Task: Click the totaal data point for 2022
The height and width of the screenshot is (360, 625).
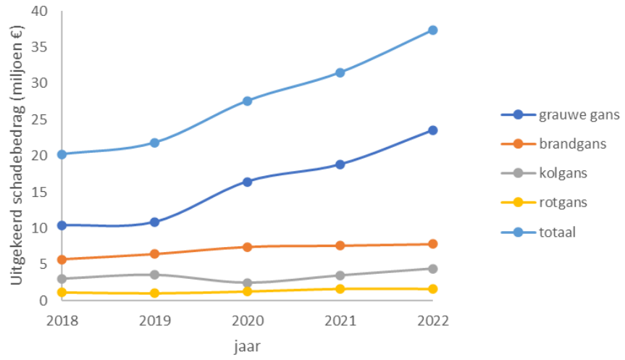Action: point(432,30)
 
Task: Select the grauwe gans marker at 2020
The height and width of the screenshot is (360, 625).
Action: point(247,182)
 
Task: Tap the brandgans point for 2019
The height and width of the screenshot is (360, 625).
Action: point(154,254)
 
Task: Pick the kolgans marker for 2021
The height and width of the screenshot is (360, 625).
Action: point(340,275)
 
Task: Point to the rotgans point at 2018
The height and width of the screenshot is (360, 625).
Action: point(62,293)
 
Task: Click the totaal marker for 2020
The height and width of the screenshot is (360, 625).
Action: point(247,101)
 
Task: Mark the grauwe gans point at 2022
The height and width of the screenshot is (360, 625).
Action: point(432,130)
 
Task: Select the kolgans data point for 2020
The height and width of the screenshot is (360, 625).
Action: point(247,283)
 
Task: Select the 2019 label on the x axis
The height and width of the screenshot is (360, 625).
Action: point(154,320)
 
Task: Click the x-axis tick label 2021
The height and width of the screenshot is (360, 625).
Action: point(340,320)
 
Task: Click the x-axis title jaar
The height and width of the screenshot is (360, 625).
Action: point(247,346)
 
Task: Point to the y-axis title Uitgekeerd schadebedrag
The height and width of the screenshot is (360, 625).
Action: point(16,156)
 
